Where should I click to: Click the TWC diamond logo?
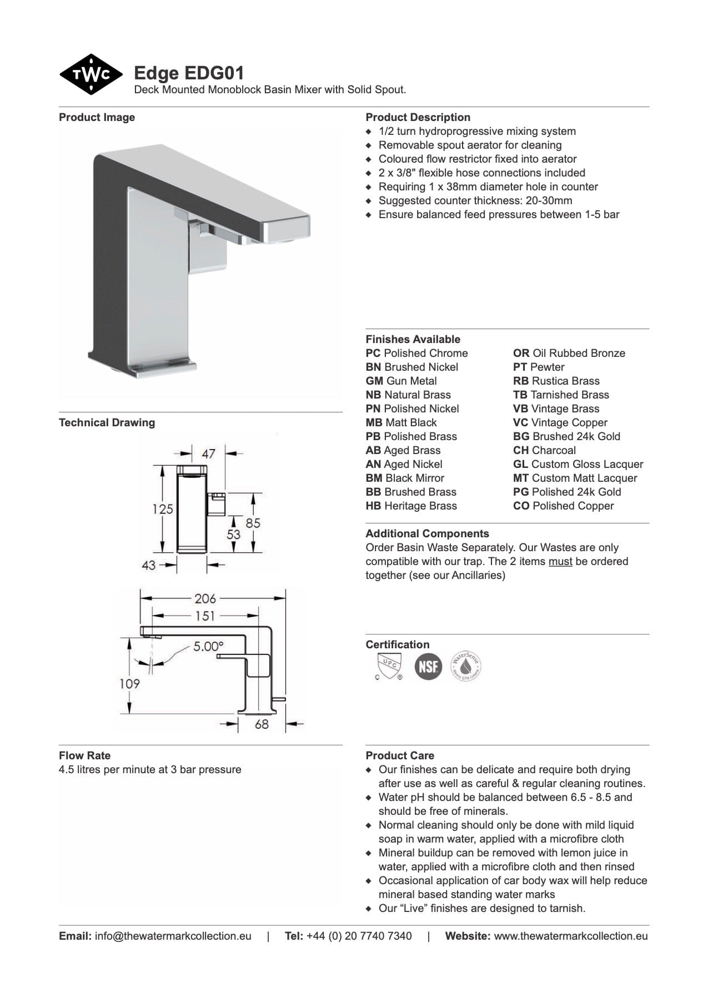coord(91,74)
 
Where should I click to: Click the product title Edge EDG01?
coord(189,73)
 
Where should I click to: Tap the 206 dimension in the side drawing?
coord(205,598)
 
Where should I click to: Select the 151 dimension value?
coord(204,616)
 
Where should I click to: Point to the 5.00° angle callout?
coord(208,646)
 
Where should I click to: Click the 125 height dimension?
coord(163,508)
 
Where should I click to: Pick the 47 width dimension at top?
coord(208,453)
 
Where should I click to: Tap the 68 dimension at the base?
coord(262,724)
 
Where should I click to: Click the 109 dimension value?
coord(129,683)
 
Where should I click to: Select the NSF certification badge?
coord(428,666)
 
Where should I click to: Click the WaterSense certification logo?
coord(465,666)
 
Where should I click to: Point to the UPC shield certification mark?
coord(388,666)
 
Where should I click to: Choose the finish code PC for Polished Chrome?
coord(373,354)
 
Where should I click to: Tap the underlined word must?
coord(560,562)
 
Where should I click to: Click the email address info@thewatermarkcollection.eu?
coord(173,936)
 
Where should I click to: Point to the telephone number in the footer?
coord(359,936)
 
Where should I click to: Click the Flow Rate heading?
coord(84,755)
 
